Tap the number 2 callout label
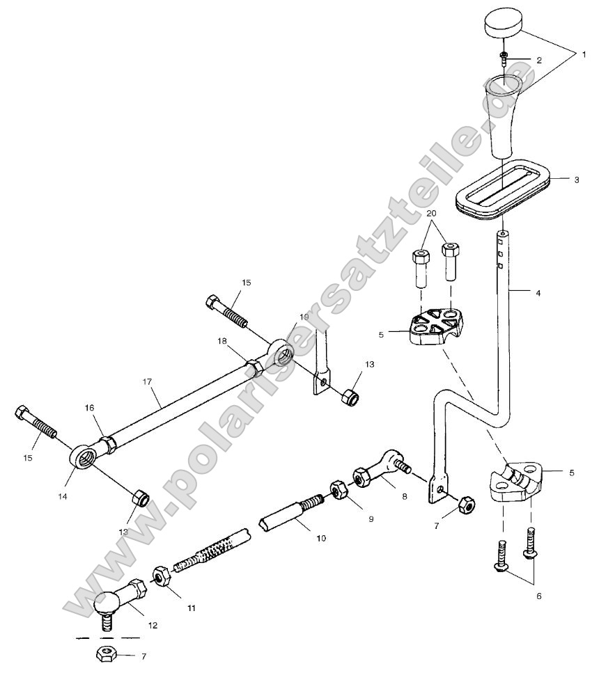[x=538, y=61]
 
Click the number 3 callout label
[x=577, y=180]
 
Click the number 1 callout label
[x=584, y=53]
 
